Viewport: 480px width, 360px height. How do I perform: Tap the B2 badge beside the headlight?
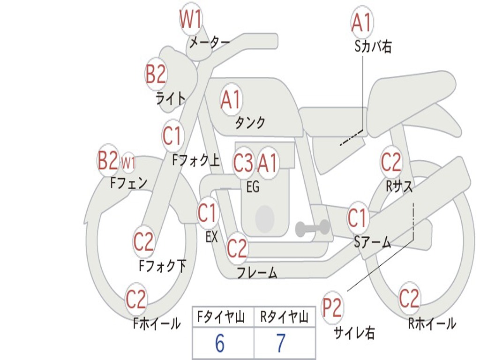(156, 74)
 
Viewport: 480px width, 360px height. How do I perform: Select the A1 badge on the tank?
(231, 99)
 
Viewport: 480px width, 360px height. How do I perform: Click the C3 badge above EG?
(243, 163)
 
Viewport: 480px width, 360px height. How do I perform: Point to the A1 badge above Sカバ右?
(362, 22)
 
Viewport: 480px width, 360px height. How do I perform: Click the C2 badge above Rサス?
(391, 162)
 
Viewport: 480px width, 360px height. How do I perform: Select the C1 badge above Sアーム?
(357, 217)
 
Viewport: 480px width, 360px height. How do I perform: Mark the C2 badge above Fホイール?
(136, 299)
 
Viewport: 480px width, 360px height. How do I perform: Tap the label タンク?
(250, 123)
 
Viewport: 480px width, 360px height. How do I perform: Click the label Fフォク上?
(196, 160)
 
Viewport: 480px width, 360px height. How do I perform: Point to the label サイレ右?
(354, 333)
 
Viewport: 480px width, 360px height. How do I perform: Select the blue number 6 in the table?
(219, 343)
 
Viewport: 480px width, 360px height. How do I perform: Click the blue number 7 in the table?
(281, 343)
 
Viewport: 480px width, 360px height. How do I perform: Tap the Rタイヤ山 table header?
(284, 317)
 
